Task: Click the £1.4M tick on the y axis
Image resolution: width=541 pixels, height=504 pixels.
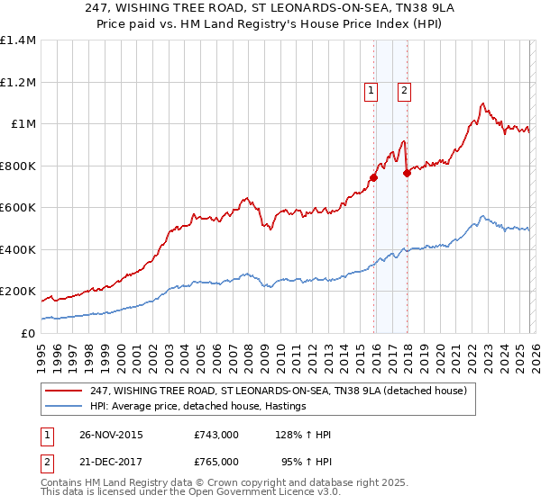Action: [18, 40]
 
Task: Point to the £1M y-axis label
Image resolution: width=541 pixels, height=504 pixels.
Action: [23, 124]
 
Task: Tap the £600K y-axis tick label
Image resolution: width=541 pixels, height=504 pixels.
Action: [18, 208]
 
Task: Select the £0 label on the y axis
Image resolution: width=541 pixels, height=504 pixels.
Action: [29, 333]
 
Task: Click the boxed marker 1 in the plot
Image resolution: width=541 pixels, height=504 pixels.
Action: [371, 90]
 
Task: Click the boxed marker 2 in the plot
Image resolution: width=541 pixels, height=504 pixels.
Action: [404, 90]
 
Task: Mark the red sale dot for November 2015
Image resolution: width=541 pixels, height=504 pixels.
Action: [373, 177]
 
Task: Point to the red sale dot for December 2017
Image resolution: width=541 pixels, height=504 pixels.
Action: [407, 173]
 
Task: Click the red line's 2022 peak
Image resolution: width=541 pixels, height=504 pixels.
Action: [483, 103]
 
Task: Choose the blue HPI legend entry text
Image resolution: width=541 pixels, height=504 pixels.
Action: [197, 406]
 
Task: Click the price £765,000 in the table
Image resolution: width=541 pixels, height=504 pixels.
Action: [216, 461]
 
